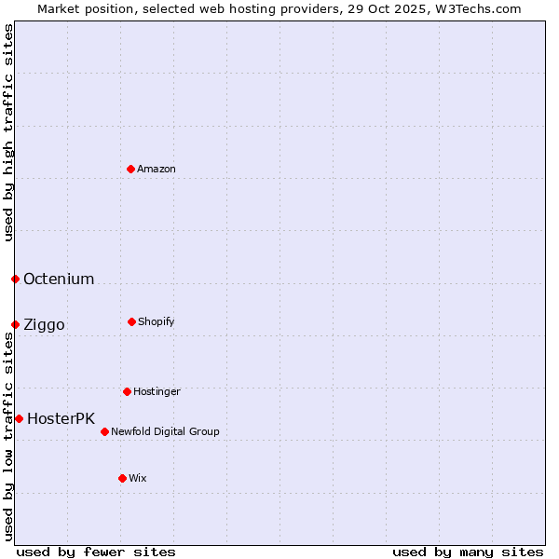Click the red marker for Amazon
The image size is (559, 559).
point(130,169)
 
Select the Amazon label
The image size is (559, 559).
point(157,169)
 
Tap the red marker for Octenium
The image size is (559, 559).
point(15,279)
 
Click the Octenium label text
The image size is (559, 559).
point(59,279)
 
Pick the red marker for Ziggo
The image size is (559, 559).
point(15,324)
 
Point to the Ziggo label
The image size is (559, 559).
point(44,324)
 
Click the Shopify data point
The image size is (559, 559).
point(131,321)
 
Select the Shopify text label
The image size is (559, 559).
point(157,321)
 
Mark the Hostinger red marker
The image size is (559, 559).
point(127,391)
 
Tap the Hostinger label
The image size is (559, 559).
point(157,391)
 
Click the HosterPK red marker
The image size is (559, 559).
point(19,418)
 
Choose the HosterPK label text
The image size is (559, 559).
point(61,418)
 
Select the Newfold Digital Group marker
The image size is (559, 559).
point(104,431)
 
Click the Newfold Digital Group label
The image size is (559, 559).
point(165,431)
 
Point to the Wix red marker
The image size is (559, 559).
point(122,478)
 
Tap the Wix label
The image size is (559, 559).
point(138,478)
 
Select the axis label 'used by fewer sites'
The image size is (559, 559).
point(96,552)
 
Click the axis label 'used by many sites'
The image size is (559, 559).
point(468,552)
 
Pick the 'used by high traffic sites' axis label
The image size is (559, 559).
point(8,132)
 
